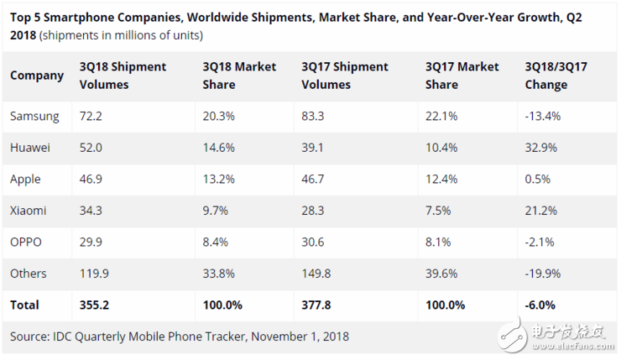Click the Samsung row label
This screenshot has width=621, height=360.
click(x=34, y=116)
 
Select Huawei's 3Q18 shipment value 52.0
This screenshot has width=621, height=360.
click(x=91, y=148)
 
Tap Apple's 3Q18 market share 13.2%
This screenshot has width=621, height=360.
click(x=220, y=179)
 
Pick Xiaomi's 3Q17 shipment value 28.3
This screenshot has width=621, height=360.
click(x=314, y=211)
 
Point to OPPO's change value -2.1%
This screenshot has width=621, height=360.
click(x=537, y=242)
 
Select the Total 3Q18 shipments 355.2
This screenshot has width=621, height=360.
click(x=95, y=305)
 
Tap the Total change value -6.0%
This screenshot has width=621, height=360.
click(x=539, y=305)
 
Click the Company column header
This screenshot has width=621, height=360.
click(x=37, y=76)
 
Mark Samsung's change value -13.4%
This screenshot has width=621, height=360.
click(x=541, y=116)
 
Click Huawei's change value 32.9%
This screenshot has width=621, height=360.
click(x=540, y=148)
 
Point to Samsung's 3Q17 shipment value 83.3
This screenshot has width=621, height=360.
click(x=314, y=116)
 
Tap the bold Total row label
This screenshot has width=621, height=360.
click(x=24, y=305)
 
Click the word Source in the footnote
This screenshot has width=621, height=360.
click(x=29, y=337)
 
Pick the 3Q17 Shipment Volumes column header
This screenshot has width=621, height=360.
click(x=344, y=76)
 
